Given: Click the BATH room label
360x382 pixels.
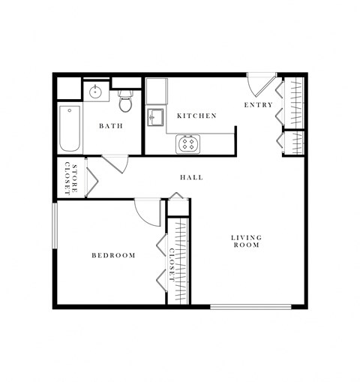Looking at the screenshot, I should [x=111, y=126].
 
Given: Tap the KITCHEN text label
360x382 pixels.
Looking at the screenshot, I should [x=196, y=116].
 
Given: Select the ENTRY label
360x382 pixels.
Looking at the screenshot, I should [x=259, y=105].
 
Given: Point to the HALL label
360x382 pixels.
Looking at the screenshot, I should [x=191, y=178].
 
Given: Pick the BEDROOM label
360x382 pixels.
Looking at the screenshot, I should [x=113, y=255].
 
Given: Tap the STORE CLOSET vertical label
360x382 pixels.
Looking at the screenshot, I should [x=70, y=178].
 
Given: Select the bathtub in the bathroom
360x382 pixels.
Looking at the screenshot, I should [x=69, y=128].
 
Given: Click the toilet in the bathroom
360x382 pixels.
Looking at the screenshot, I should [x=125, y=100].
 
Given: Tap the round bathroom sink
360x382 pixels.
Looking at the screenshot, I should [x=95, y=94].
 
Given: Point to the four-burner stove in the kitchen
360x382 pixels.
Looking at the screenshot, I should [x=187, y=143].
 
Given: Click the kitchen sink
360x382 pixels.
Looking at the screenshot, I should [x=156, y=118].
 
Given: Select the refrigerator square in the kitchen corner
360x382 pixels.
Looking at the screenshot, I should [x=156, y=92].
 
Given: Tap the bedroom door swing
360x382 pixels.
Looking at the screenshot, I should [x=148, y=212].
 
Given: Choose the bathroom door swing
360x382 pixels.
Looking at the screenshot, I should [x=115, y=163].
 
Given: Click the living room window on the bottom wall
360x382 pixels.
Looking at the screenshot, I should [x=250, y=306].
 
